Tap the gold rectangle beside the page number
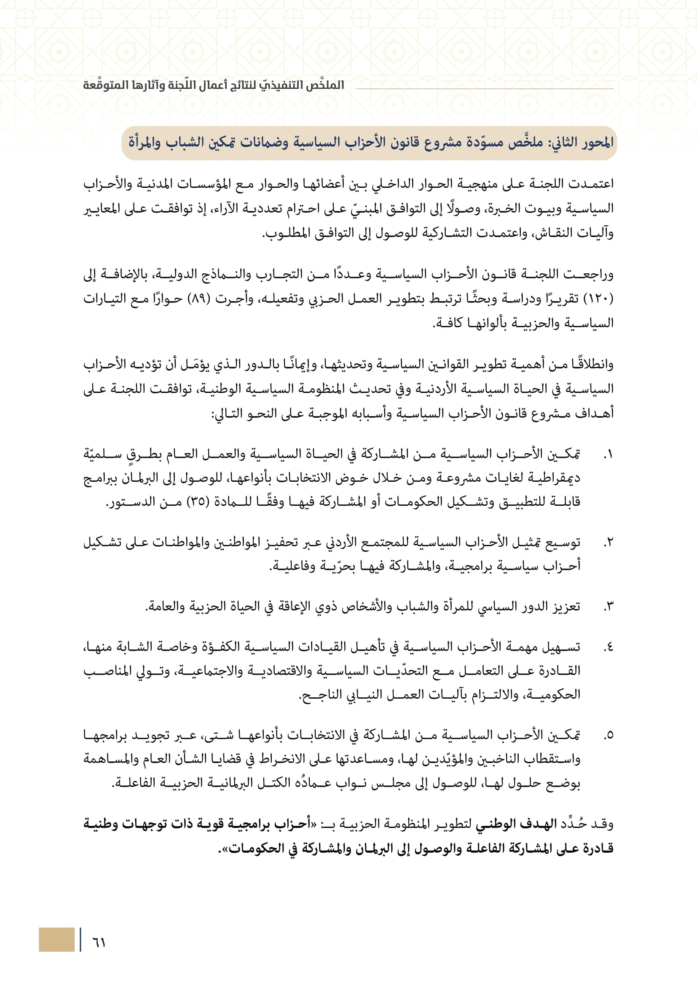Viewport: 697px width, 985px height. tap(56, 939)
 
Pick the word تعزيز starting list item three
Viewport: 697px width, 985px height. tap(564, 606)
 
